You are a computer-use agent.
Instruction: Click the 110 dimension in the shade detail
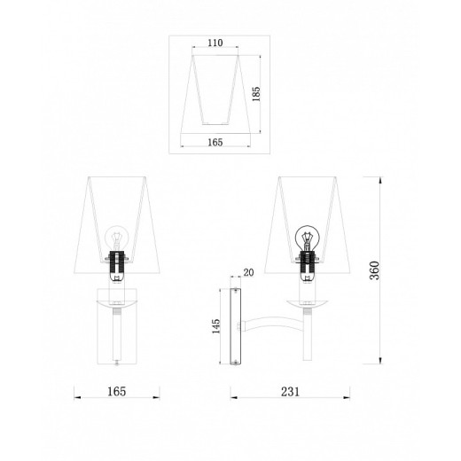point(215,43)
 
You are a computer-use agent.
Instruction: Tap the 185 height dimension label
point(256,94)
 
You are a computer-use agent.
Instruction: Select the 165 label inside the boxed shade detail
point(215,143)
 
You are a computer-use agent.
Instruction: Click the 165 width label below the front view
point(116,392)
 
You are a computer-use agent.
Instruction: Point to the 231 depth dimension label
point(290,392)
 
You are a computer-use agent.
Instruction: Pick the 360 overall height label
point(374,270)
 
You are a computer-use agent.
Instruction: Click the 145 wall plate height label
point(216,326)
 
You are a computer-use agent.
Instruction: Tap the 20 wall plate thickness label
point(248,272)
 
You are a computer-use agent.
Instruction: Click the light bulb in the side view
point(308,238)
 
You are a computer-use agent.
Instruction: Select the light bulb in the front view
point(117,238)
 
